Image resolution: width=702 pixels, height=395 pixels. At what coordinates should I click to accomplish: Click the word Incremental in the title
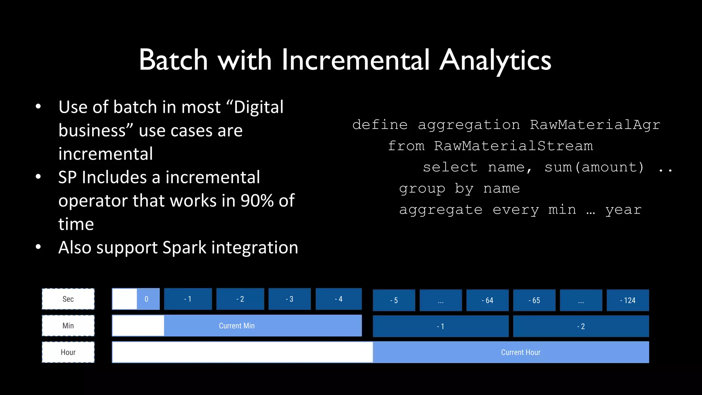click(x=355, y=60)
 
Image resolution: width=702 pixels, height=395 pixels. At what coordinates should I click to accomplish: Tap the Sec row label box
click(x=68, y=299)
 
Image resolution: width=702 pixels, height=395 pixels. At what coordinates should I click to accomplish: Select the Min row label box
click(x=68, y=326)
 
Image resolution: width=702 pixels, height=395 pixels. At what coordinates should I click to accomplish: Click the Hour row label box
click(x=68, y=352)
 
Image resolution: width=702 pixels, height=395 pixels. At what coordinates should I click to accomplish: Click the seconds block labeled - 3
click(x=289, y=299)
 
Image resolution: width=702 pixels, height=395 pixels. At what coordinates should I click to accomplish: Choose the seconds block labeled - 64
click(x=487, y=300)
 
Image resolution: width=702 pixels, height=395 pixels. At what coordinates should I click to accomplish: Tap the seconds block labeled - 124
click(x=627, y=300)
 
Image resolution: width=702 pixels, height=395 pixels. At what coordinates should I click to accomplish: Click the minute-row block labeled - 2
click(x=581, y=326)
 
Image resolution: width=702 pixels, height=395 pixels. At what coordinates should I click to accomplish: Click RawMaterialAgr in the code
click(x=595, y=125)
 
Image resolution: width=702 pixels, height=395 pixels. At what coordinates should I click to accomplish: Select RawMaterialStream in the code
click(x=513, y=146)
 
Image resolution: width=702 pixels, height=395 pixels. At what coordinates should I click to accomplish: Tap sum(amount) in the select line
click(x=594, y=167)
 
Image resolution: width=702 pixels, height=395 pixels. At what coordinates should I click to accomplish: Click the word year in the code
click(x=623, y=210)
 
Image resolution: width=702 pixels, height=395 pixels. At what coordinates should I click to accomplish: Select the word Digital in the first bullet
click(x=258, y=107)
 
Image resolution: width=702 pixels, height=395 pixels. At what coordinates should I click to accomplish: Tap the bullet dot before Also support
click(x=38, y=247)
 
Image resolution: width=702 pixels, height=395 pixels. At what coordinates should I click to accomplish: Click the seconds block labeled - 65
click(x=534, y=300)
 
